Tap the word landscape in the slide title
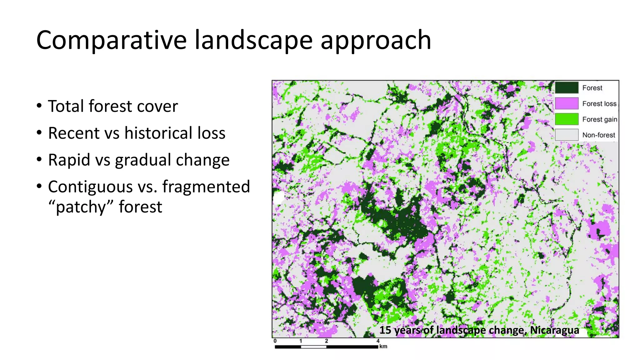click(x=253, y=41)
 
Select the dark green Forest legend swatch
click(x=567, y=88)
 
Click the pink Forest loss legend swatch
click(x=567, y=103)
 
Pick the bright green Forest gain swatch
click(x=567, y=119)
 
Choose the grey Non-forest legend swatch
click(x=567, y=135)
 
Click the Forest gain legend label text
click(x=599, y=119)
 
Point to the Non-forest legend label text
click(x=598, y=135)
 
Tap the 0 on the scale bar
click(x=275, y=341)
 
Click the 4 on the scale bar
click(x=378, y=341)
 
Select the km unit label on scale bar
click(x=383, y=346)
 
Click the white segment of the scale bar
click(x=313, y=347)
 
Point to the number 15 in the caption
click(x=385, y=330)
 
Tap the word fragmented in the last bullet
click(x=206, y=187)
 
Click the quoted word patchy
click(x=81, y=207)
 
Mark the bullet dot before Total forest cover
click(x=39, y=106)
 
